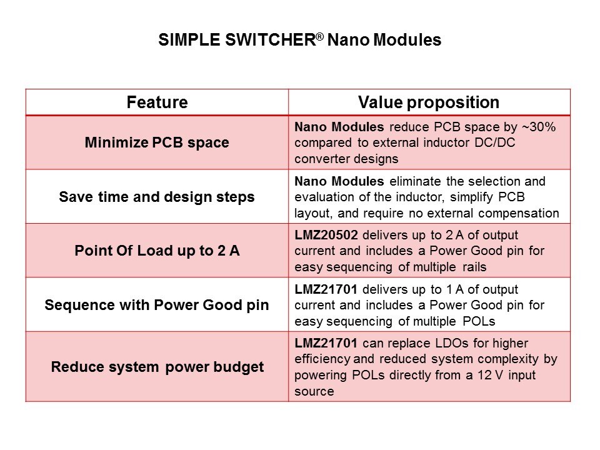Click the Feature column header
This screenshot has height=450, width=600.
(157, 102)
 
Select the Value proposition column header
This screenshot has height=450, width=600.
(429, 102)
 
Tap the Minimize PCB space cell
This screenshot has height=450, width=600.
(157, 142)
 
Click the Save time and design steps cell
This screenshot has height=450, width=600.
(157, 197)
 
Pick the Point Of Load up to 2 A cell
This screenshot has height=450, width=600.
(157, 251)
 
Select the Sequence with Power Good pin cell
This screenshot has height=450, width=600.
(157, 305)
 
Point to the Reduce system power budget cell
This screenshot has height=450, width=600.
(157, 367)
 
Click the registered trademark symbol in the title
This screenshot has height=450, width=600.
(319, 37)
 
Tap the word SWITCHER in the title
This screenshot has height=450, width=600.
(270, 40)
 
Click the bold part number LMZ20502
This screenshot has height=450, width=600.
(326, 235)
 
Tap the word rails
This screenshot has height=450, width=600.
(474, 267)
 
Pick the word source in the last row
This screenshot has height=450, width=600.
(314, 391)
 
